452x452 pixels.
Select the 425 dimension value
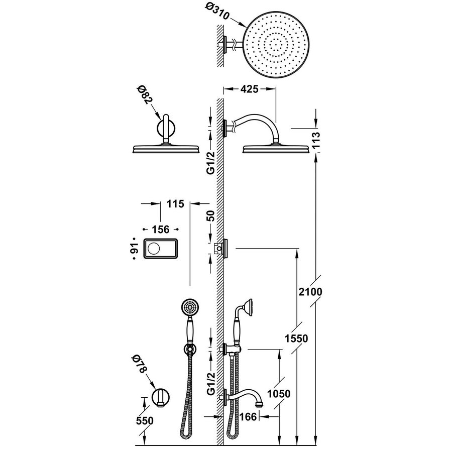tap(249, 90)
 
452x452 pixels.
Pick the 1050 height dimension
tap(279, 394)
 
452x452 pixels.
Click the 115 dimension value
tap(173, 203)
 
